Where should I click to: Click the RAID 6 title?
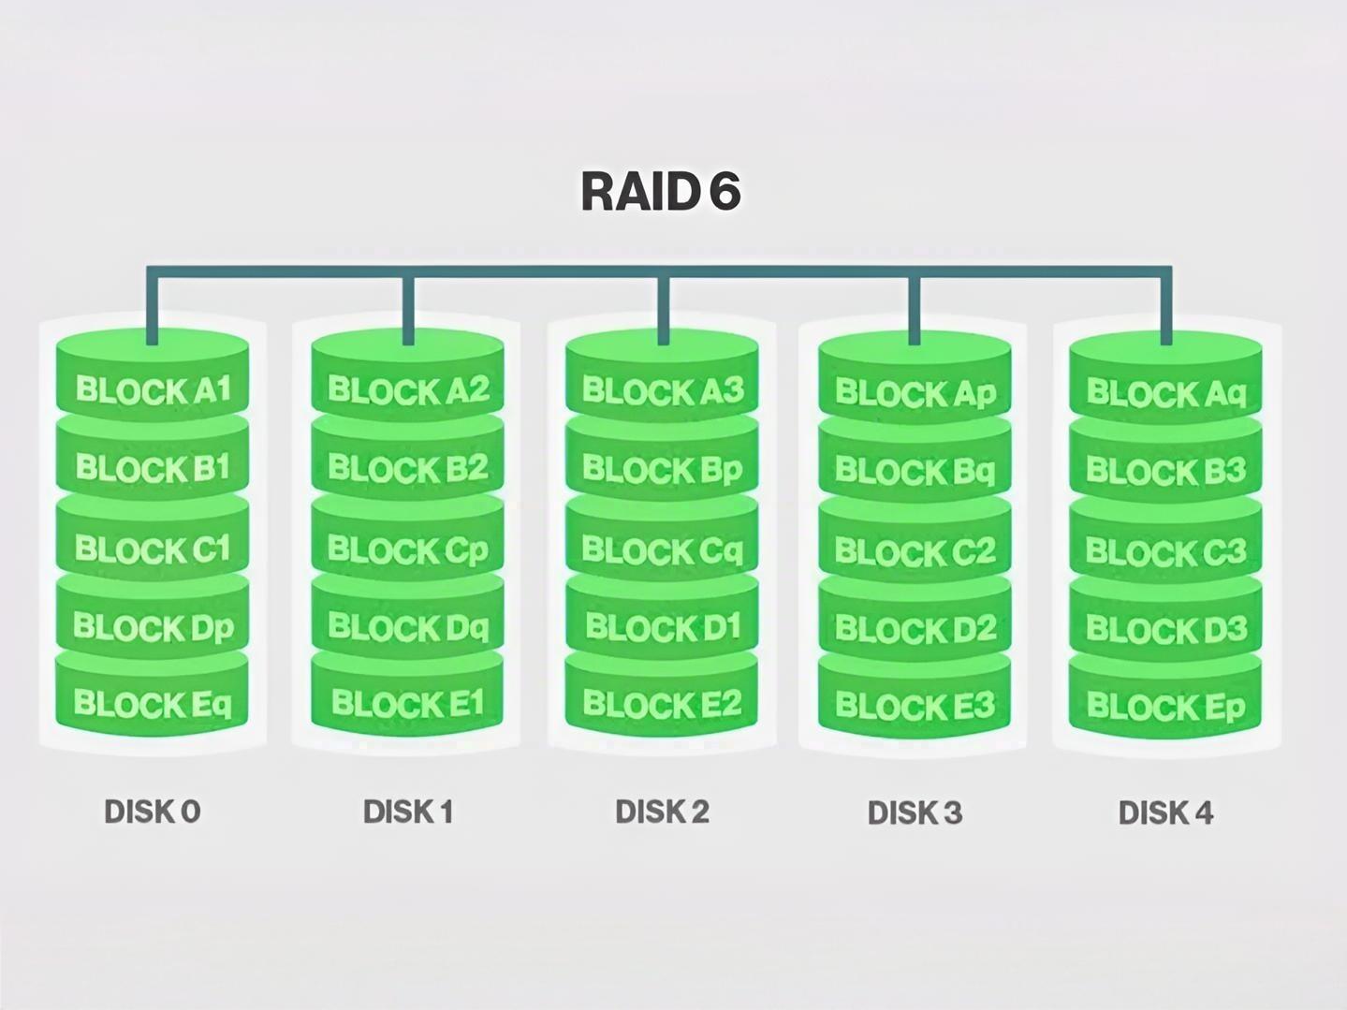pyautogui.click(x=661, y=191)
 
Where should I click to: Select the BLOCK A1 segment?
pyautogui.click(x=153, y=389)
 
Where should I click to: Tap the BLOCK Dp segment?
pyautogui.click(x=153, y=626)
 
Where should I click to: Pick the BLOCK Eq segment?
pyautogui.click(x=153, y=703)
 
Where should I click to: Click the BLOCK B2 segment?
pyautogui.click(x=408, y=467)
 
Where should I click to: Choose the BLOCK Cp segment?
pyautogui.click(x=408, y=549)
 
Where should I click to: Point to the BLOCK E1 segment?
pyautogui.click(x=408, y=703)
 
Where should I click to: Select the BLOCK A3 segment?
pyautogui.click(x=663, y=389)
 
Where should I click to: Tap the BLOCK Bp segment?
pyautogui.click(x=663, y=468)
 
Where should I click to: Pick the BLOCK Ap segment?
pyautogui.click(x=915, y=392)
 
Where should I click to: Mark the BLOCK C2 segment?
pyautogui.click(x=915, y=551)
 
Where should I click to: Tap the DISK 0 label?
pyautogui.click(x=153, y=812)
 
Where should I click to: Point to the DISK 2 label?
pyautogui.click(x=663, y=812)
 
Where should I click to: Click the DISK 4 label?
pyautogui.click(x=1166, y=812)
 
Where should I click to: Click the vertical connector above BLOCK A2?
pyautogui.click(x=408, y=309)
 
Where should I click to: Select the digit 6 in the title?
pyautogui.click(x=724, y=191)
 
